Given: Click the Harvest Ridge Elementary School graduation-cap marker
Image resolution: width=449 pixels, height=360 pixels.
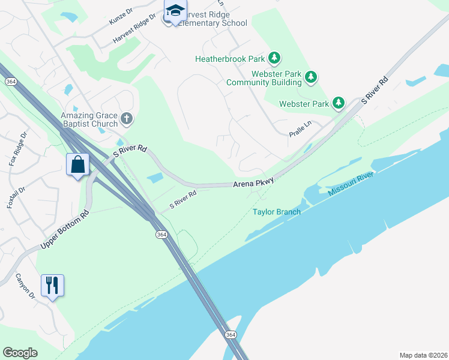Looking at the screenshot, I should pyautogui.click(x=175, y=11).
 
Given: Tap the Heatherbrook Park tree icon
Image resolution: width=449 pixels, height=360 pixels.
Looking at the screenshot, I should pyautogui.click(x=274, y=58).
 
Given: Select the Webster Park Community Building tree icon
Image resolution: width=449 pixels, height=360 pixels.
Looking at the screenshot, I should pyautogui.click(x=310, y=77).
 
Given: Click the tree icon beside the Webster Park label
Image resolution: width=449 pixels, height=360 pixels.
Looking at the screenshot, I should pyautogui.click(x=339, y=103).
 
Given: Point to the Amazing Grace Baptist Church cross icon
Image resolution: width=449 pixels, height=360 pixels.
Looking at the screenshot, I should pyautogui.click(x=126, y=119).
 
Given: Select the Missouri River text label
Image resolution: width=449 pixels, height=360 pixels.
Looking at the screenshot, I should pyautogui.click(x=351, y=184).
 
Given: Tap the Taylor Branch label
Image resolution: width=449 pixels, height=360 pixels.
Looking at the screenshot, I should pyautogui.click(x=276, y=212).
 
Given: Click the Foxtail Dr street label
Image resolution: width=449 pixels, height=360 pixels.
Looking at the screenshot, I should pyautogui.click(x=16, y=197).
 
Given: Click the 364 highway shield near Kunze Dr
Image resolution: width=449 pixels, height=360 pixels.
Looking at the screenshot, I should pyautogui.click(x=10, y=81).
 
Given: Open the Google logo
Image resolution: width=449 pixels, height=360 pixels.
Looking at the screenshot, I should pyautogui.click(x=20, y=353).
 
